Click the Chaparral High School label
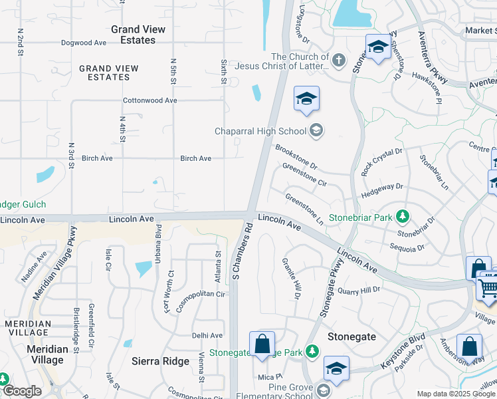click(260, 131)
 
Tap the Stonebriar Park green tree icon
click(402, 216)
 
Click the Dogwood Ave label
click(83, 43)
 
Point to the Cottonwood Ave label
click(150, 100)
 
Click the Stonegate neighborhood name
click(351, 336)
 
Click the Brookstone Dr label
click(296, 156)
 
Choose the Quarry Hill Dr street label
click(359, 290)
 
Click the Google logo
click(22, 391)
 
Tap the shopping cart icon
click(488, 287)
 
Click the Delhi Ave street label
click(207, 335)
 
